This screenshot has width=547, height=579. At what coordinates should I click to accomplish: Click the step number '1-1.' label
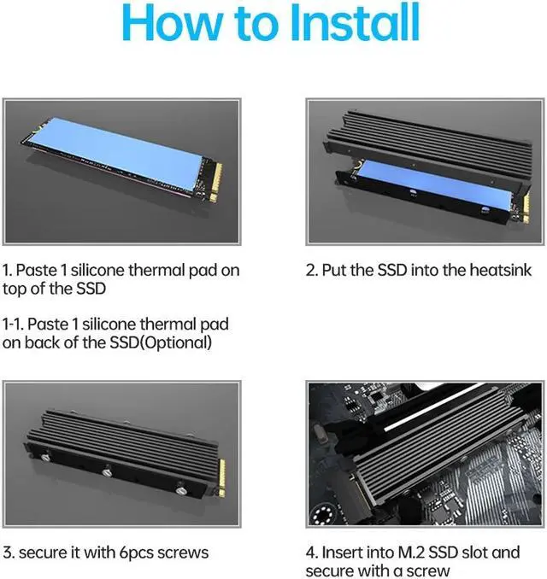coord(16,325)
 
